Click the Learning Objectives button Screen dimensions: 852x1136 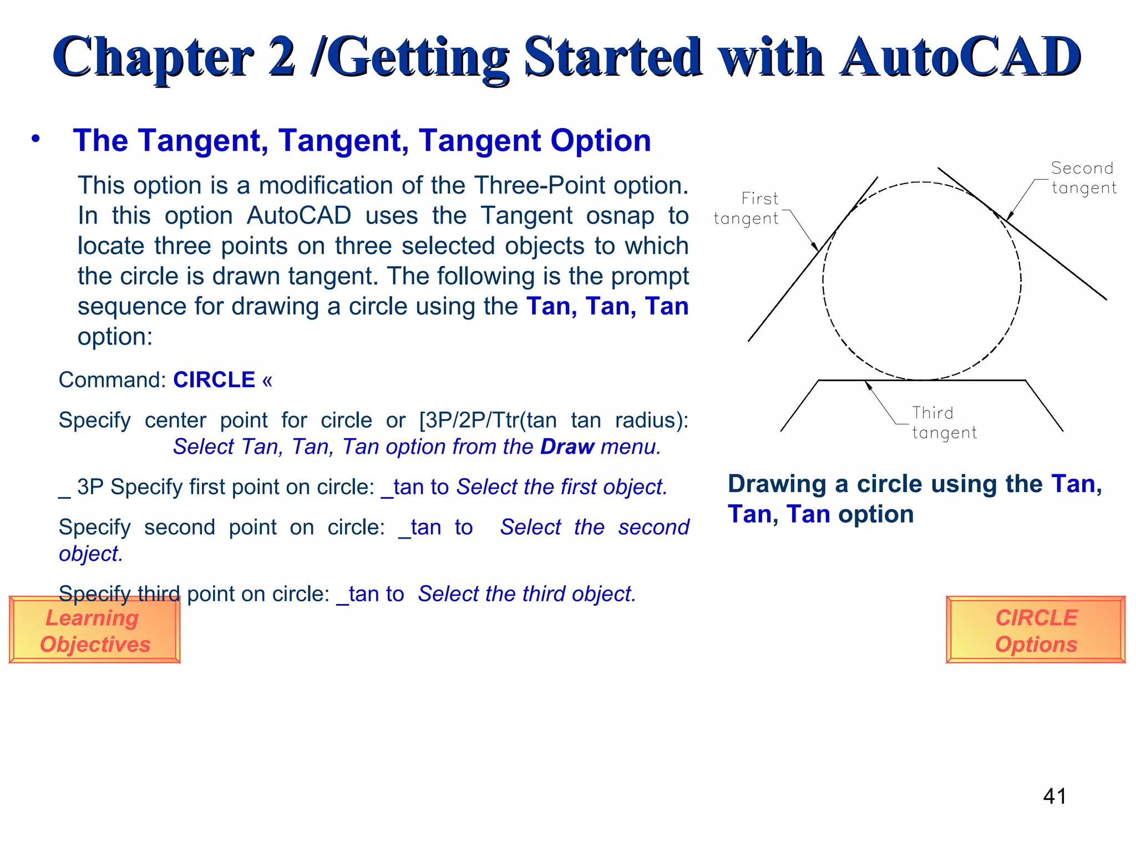click(94, 630)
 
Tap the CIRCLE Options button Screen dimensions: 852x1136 click(1035, 630)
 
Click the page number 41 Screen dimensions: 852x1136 click(1054, 797)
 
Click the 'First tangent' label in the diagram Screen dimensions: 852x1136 click(748, 209)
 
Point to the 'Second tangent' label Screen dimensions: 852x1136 click(1083, 178)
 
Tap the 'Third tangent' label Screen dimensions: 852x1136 click(944, 423)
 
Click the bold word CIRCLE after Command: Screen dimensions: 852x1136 click(214, 380)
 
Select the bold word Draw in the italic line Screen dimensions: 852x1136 click(567, 447)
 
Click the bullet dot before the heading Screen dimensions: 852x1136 click(35, 139)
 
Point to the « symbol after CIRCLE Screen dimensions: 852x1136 click(267, 381)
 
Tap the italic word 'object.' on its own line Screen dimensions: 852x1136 click(90, 554)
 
